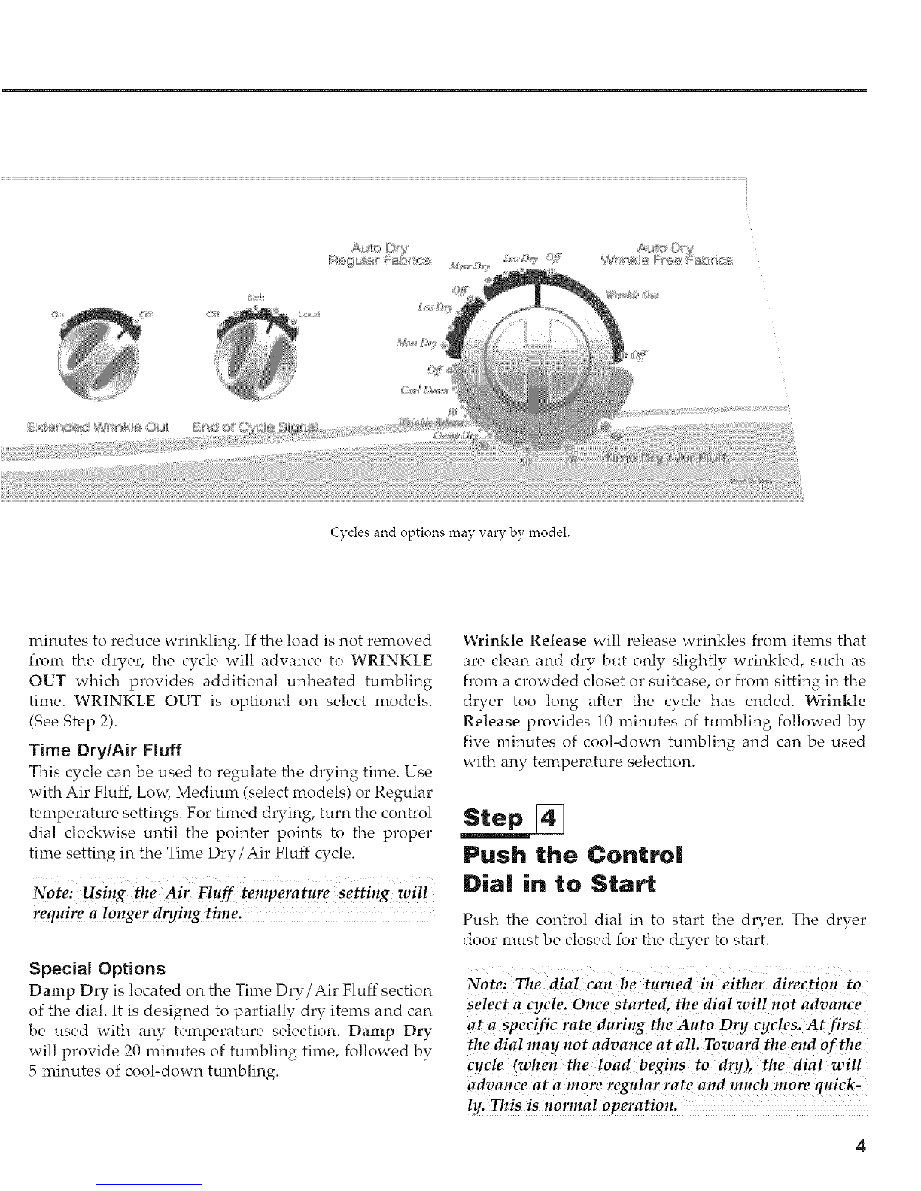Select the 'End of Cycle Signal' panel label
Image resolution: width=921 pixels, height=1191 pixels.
(x=256, y=429)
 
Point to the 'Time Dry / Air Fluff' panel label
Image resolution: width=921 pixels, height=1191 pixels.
(x=670, y=459)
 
